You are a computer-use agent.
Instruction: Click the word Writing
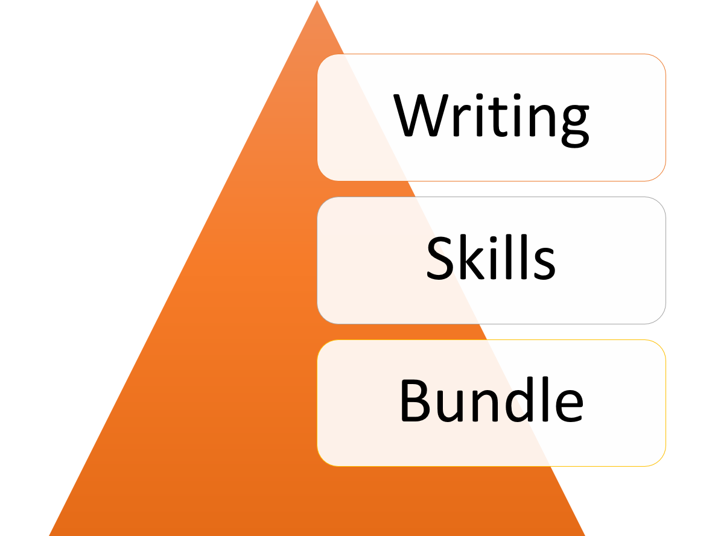coord(491,121)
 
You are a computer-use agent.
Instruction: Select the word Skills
coord(491,257)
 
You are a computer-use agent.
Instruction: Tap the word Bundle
coord(492,399)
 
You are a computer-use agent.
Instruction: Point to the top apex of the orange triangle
coord(317,1)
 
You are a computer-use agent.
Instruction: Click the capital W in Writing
coord(421,115)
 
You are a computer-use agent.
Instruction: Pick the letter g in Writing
coord(576,126)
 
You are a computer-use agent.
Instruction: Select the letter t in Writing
coord(498,117)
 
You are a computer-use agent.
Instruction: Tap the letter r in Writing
coord(462,121)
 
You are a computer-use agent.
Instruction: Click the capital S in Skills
coord(440,258)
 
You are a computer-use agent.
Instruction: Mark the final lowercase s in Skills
coord(544,263)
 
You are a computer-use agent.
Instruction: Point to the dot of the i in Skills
coord(493,239)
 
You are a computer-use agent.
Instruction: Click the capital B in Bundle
coord(415,400)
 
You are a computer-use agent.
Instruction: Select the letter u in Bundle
coord(450,406)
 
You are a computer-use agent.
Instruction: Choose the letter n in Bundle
coord(485,406)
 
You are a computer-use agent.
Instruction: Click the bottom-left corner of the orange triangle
coord(49,535)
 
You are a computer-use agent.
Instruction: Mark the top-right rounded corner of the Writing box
coord(659,61)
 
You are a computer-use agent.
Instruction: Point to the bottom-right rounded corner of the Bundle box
coord(659,460)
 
